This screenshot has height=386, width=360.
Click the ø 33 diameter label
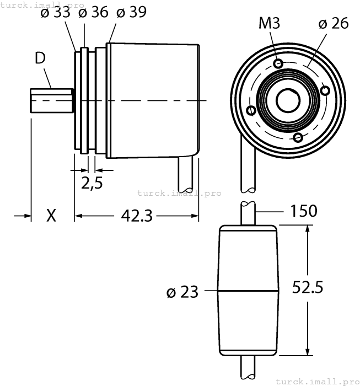point(55,13)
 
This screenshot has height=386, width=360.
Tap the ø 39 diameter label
point(131,13)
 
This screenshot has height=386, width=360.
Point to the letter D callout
point(40,58)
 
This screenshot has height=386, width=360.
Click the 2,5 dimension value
point(92,183)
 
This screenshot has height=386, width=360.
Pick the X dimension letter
point(51,216)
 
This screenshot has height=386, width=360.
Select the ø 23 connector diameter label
point(182,292)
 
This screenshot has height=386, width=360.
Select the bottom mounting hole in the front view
point(298,137)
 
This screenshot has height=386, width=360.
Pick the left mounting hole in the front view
point(251,110)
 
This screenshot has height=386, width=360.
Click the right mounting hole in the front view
point(325,91)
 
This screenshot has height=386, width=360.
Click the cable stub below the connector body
point(249,369)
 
